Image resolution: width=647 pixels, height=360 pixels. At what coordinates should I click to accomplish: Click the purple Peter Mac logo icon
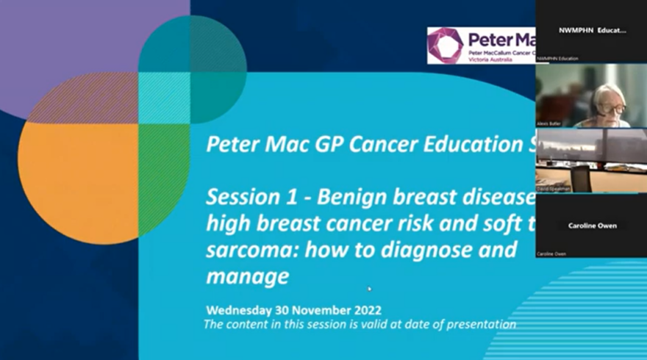[446, 46]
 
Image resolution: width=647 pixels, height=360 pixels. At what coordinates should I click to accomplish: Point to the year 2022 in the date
[366, 310]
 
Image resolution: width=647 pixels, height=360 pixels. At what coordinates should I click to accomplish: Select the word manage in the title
[247, 276]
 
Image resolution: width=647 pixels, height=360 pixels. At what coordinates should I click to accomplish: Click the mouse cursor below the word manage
[370, 289]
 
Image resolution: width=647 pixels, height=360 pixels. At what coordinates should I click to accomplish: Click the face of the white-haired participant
[614, 107]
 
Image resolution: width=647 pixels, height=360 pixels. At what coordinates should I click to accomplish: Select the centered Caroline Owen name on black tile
[591, 226]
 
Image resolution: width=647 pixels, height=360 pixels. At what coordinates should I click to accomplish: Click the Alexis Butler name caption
[549, 123]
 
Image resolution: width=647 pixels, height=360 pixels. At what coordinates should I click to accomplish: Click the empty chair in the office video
[581, 177]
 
